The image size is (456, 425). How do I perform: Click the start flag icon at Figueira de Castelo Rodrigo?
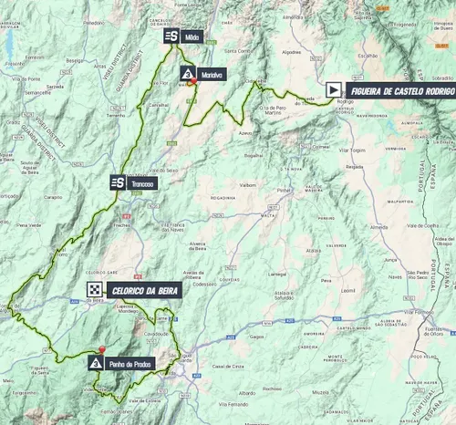click(x=335, y=89)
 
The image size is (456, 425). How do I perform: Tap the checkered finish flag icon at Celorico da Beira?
click(x=94, y=290)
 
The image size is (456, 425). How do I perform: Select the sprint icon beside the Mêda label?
click(x=171, y=36)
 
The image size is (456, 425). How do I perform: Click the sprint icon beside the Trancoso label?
click(x=118, y=182)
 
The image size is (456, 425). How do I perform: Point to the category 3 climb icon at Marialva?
click(x=188, y=74)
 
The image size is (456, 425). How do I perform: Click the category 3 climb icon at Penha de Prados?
click(x=97, y=363)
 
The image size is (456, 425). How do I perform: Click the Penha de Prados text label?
click(x=130, y=363)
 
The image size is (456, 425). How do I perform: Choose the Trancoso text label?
click(x=142, y=182)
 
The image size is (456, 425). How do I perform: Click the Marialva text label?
click(x=212, y=74)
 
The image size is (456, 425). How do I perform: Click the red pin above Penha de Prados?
click(x=102, y=350)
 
